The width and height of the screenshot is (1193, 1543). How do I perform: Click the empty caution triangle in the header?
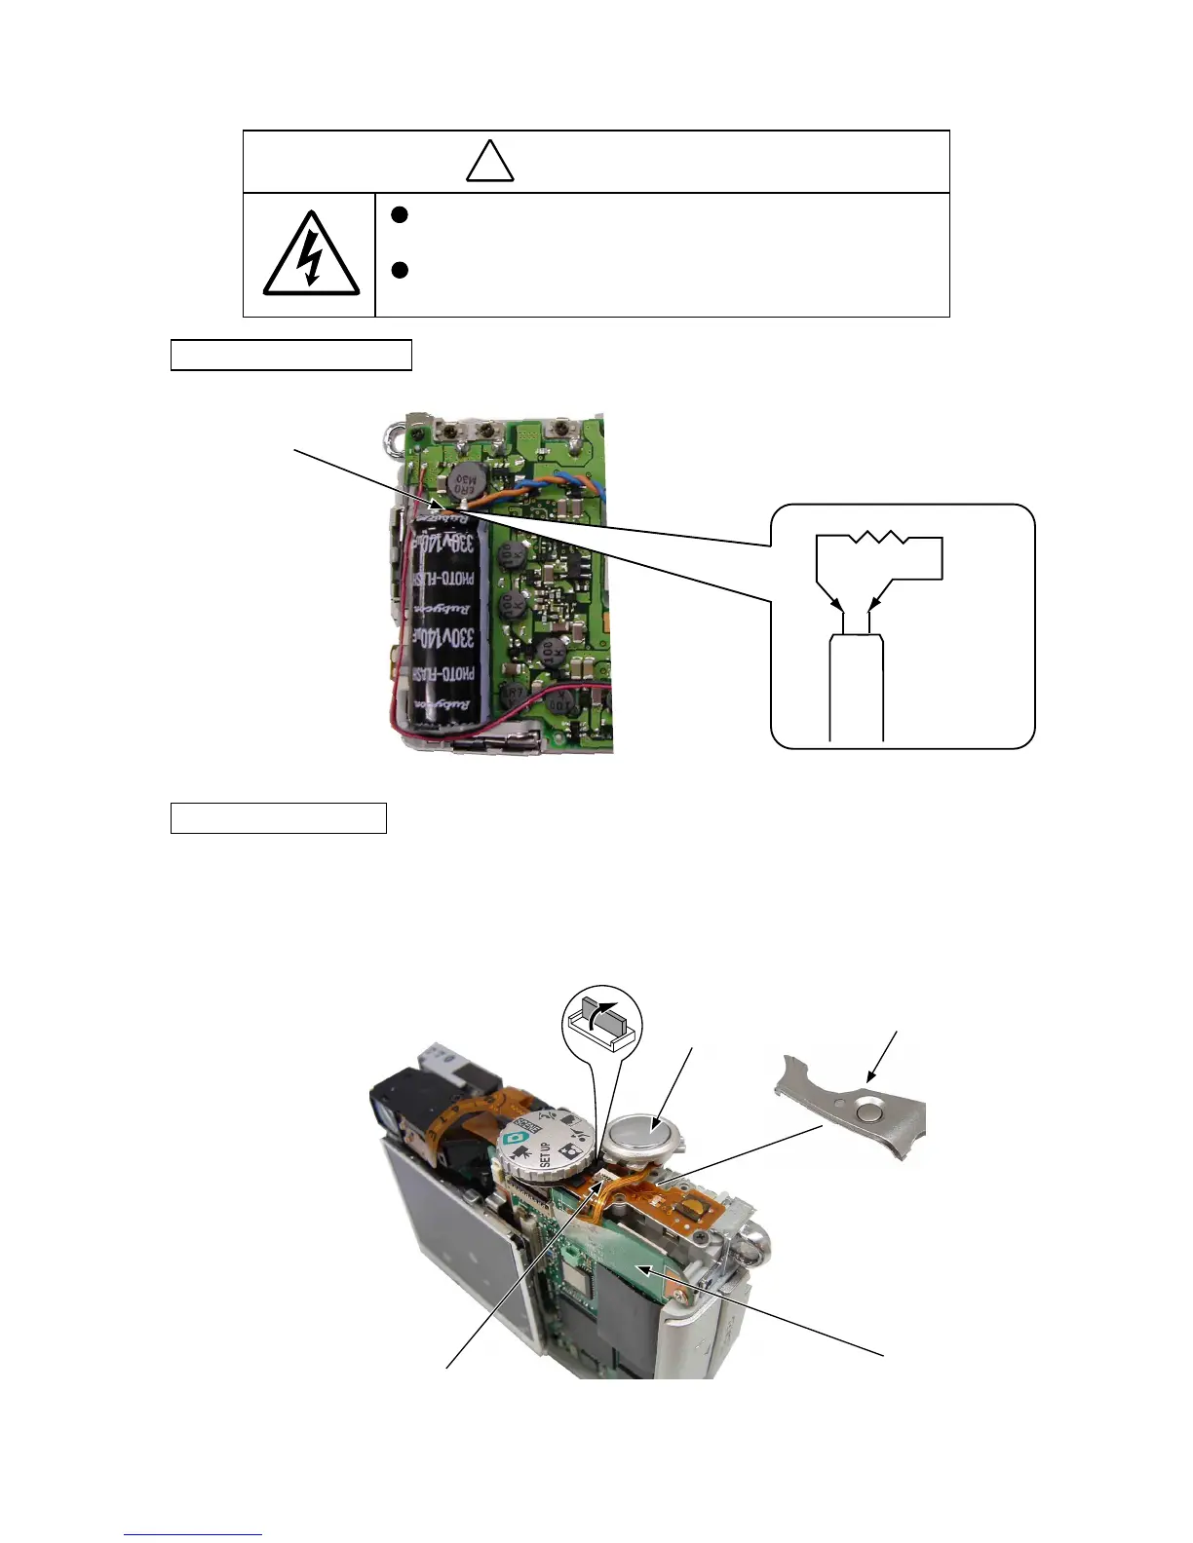pos(489,163)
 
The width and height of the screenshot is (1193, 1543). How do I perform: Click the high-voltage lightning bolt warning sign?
pos(311,255)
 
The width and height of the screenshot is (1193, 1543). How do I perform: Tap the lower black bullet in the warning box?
pos(399,270)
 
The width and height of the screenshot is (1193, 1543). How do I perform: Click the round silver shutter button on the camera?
pos(638,1134)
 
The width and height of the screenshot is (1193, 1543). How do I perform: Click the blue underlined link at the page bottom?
pos(193,1535)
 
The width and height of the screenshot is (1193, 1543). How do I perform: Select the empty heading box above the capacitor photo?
pos(290,356)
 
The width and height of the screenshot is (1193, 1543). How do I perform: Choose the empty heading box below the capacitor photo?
pos(278,818)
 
